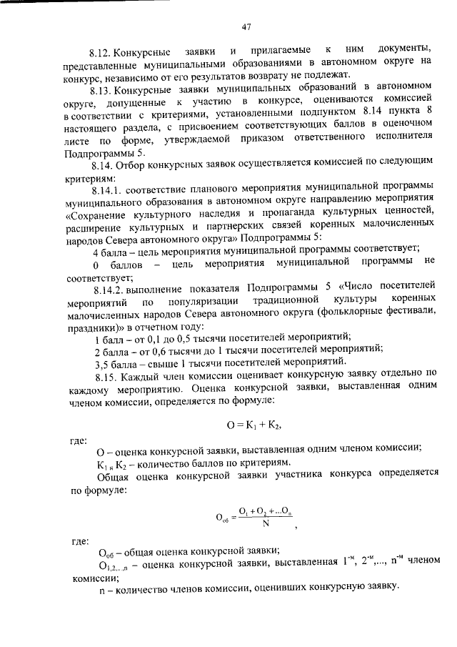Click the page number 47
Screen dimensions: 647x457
[245, 28]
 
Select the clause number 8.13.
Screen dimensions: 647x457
[102, 92]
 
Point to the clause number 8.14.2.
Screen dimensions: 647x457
[107, 287]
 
